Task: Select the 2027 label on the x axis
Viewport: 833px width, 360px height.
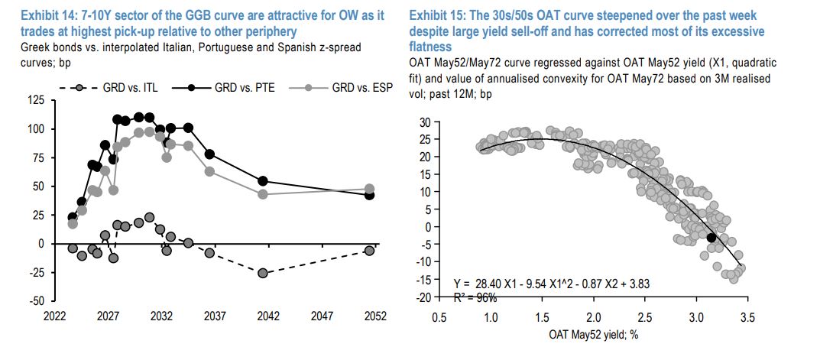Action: pos(108,315)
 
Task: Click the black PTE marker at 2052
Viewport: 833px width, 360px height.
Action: pos(369,195)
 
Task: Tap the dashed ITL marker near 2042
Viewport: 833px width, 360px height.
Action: pos(263,273)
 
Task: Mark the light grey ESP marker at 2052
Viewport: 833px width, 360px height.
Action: pos(369,188)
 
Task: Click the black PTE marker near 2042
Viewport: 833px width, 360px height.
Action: pos(263,181)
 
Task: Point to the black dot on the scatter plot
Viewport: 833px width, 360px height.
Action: pos(711,238)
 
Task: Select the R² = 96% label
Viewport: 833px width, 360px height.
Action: pos(475,297)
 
